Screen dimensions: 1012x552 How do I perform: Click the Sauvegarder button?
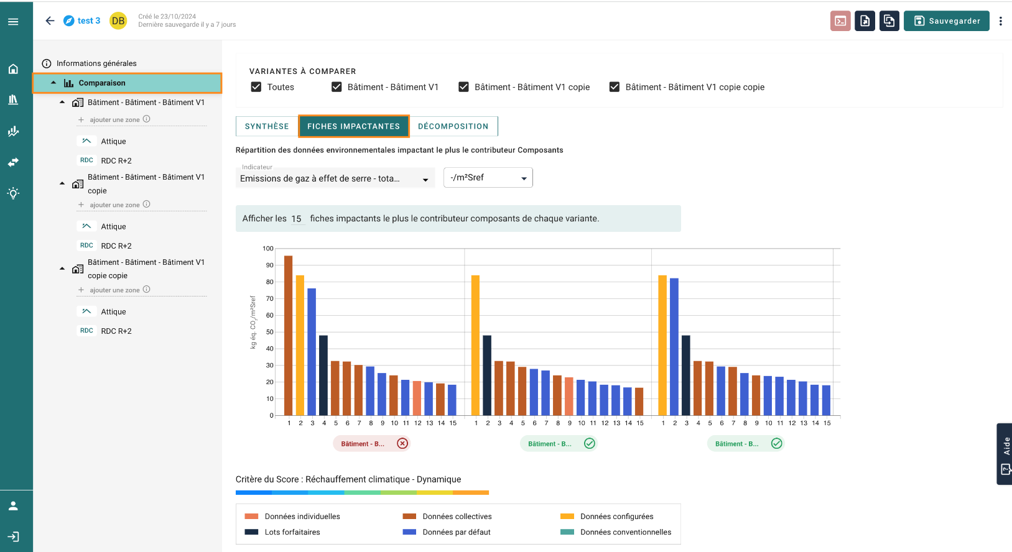[947, 21]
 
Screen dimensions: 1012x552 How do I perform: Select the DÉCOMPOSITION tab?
[453, 126]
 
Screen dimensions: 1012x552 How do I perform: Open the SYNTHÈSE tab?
[267, 126]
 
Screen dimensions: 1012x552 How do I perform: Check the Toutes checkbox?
[256, 87]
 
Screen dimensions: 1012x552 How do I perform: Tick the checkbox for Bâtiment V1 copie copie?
[615, 87]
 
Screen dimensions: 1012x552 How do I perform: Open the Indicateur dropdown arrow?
[425, 180]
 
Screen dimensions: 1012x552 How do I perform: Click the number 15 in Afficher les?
[296, 219]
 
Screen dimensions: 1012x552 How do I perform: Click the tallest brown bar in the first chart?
[288, 335]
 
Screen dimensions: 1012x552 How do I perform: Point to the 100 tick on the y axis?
[268, 248]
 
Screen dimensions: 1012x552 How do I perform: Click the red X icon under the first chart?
[402, 444]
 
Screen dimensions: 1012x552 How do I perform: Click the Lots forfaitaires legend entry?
[282, 532]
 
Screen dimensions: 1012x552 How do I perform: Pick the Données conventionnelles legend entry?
[616, 532]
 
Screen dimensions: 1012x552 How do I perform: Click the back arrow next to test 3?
[50, 21]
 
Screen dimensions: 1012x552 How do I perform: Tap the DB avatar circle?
[118, 21]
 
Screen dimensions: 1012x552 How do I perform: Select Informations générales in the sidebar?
[96, 63]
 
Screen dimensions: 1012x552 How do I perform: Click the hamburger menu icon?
[13, 22]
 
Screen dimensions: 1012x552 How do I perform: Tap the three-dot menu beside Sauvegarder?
[1001, 21]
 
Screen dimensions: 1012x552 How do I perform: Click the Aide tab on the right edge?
[1005, 454]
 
